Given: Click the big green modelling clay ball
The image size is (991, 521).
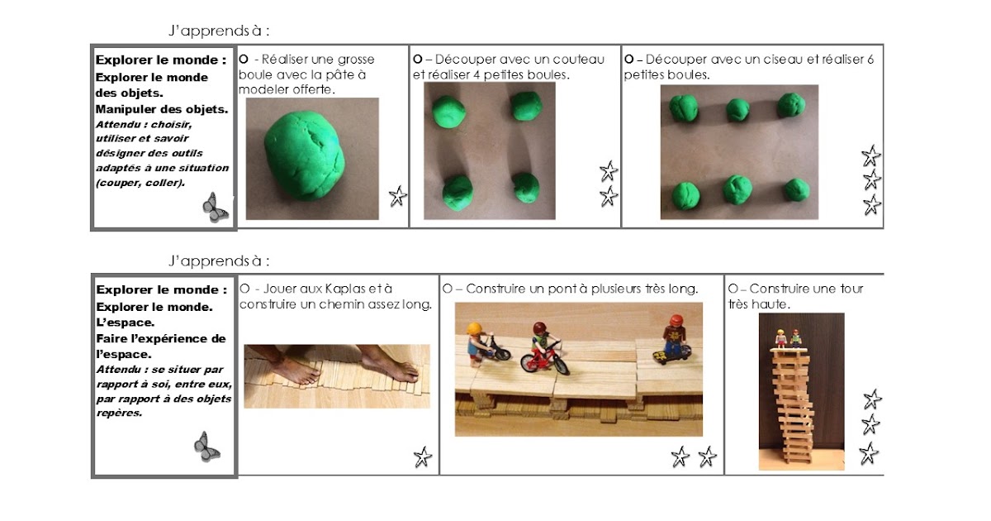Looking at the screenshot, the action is tap(305, 156).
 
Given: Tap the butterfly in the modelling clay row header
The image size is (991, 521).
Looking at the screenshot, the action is tap(216, 208).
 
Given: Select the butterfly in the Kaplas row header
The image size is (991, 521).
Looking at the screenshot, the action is tap(206, 447).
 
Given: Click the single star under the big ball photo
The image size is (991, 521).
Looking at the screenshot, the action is tap(398, 196).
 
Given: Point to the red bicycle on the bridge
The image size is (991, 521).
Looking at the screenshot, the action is tap(544, 358).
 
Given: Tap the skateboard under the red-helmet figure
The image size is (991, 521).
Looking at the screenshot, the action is tap(671, 356).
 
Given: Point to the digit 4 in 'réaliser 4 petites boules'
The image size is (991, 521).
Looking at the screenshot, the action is tap(476, 75).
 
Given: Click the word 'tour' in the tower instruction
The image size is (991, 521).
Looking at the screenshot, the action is tap(851, 289).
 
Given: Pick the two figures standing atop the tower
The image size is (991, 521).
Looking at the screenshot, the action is tap(788, 338).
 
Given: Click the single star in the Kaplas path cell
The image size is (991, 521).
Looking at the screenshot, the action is tap(423, 457).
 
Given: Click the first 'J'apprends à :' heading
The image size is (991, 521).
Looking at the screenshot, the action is tap(219, 31).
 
